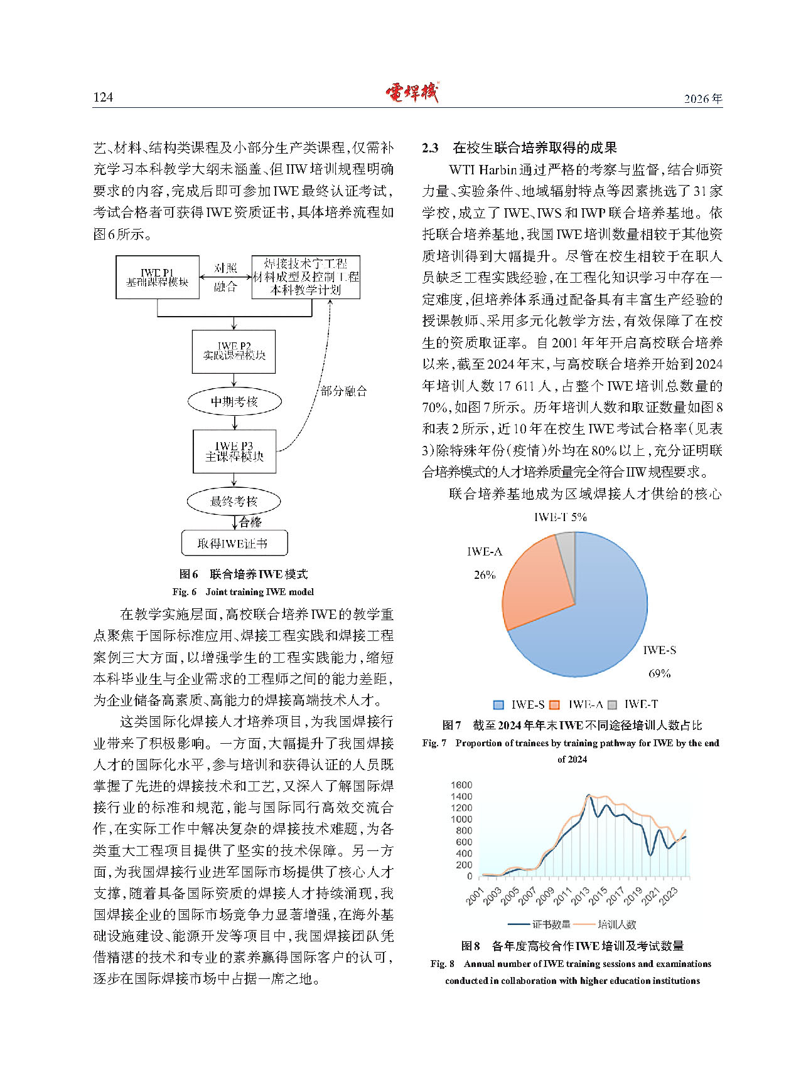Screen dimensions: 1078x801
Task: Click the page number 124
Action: pyautogui.click(x=103, y=97)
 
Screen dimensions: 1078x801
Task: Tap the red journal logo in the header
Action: pyautogui.click(x=412, y=93)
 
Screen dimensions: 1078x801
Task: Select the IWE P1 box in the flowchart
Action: pyautogui.click(x=158, y=277)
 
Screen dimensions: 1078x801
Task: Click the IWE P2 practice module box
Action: pyautogui.click(x=234, y=351)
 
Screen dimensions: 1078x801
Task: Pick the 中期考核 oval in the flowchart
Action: pyautogui.click(x=234, y=402)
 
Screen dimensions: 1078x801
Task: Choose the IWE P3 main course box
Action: pyautogui.click(x=234, y=452)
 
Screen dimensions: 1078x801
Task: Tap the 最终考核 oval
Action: pyautogui.click(x=234, y=501)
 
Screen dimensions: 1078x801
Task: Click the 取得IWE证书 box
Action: pyautogui.click(x=234, y=543)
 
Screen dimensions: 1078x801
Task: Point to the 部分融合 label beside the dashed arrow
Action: pyautogui.click(x=343, y=391)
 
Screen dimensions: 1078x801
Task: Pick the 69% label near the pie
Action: pyautogui.click(x=659, y=674)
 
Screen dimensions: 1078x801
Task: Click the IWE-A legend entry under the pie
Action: pyautogui.click(x=578, y=704)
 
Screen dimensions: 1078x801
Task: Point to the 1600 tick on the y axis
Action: pyautogui.click(x=461, y=785)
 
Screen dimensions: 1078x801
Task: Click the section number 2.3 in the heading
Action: pyautogui.click(x=430, y=148)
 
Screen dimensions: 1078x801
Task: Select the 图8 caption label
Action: pyautogui.click(x=470, y=946)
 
